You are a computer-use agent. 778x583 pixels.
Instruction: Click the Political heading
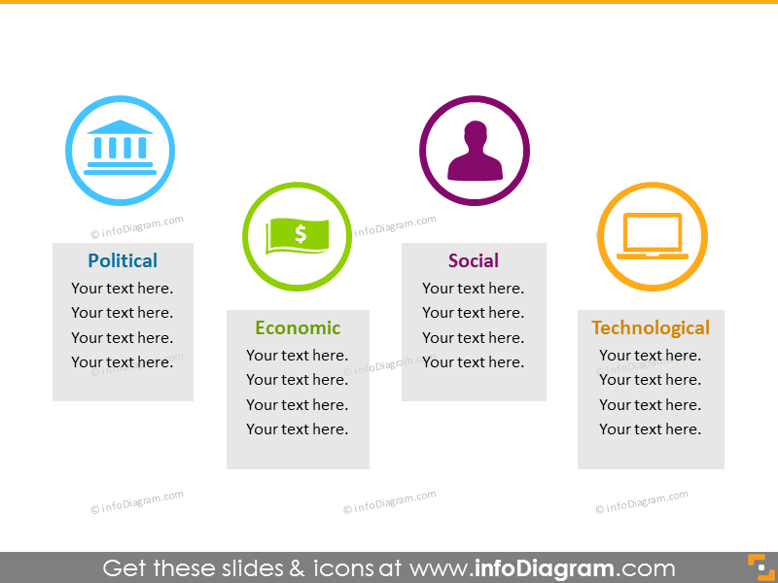click(123, 260)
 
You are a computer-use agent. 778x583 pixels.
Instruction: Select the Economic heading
click(298, 327)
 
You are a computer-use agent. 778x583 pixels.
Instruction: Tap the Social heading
click(474, 260)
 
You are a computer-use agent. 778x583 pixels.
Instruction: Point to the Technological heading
click(651, 327)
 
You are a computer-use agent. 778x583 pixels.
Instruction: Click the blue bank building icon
click(120, 148)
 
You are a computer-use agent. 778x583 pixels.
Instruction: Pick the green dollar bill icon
click(298, 235)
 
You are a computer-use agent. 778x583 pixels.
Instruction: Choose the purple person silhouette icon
click(475, 151)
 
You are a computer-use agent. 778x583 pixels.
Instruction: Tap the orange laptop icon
click(653, 236)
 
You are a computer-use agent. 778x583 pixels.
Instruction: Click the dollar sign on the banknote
click(301, 233)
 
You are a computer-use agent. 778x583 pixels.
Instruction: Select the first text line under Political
click(123, 288)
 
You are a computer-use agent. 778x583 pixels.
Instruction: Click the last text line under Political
click(123, 361)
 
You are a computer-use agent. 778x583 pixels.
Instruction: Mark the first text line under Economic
click(298, 355)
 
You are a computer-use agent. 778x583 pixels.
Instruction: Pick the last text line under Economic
click(298, 429)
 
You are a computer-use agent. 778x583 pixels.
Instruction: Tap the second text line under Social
click(474, 312)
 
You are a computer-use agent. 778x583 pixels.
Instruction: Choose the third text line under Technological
click(650, 404)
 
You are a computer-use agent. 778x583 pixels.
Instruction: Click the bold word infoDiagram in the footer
click(544, 568)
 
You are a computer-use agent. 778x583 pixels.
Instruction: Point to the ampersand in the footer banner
click(297, 568)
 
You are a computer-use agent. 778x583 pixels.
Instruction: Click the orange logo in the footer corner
click(761, 566)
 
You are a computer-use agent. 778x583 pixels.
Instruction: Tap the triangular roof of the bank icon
click(120, 127)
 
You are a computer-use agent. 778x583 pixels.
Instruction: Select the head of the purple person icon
click(476, 133)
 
